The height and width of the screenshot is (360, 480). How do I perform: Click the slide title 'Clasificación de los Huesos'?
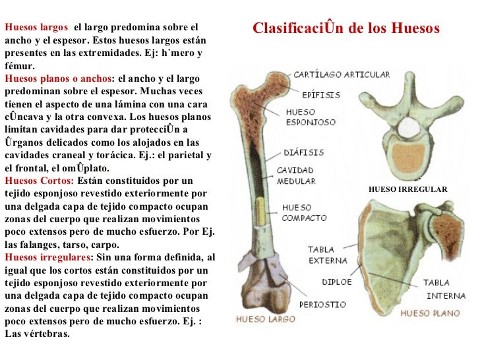pos(345,29)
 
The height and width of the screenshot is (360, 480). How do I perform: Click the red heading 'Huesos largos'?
pos(36,28)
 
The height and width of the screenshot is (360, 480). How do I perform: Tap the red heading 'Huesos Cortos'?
pos(39,181)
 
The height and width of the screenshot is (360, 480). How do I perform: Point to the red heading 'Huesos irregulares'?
pos(46,257)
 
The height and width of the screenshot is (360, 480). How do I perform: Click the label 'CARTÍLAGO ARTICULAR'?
pos(342,75)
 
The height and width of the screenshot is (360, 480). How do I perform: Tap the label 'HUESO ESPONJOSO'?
pos(311,117)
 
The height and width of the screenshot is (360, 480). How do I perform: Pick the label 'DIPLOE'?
pos(336,282)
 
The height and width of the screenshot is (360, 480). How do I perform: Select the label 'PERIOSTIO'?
pos(322,305)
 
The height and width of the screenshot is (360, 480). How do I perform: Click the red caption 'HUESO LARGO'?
pos(262,320)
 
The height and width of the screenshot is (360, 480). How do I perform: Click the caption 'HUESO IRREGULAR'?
pos(407,190)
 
